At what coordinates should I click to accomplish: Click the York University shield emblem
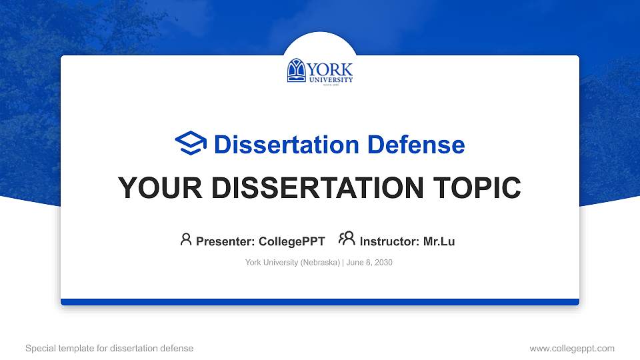point(297,71)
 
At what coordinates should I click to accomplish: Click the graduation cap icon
point(191,143)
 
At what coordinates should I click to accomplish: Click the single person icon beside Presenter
point(186,240)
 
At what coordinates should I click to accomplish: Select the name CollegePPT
point(292,241)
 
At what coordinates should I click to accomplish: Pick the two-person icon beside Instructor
point(347,239)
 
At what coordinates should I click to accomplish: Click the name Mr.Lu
point(439,241)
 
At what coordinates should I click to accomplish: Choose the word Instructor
point(389,241)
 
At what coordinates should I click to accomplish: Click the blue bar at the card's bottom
point(320,302)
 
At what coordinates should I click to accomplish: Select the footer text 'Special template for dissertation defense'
point(109,348)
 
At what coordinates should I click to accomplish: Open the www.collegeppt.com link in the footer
point(572,348)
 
